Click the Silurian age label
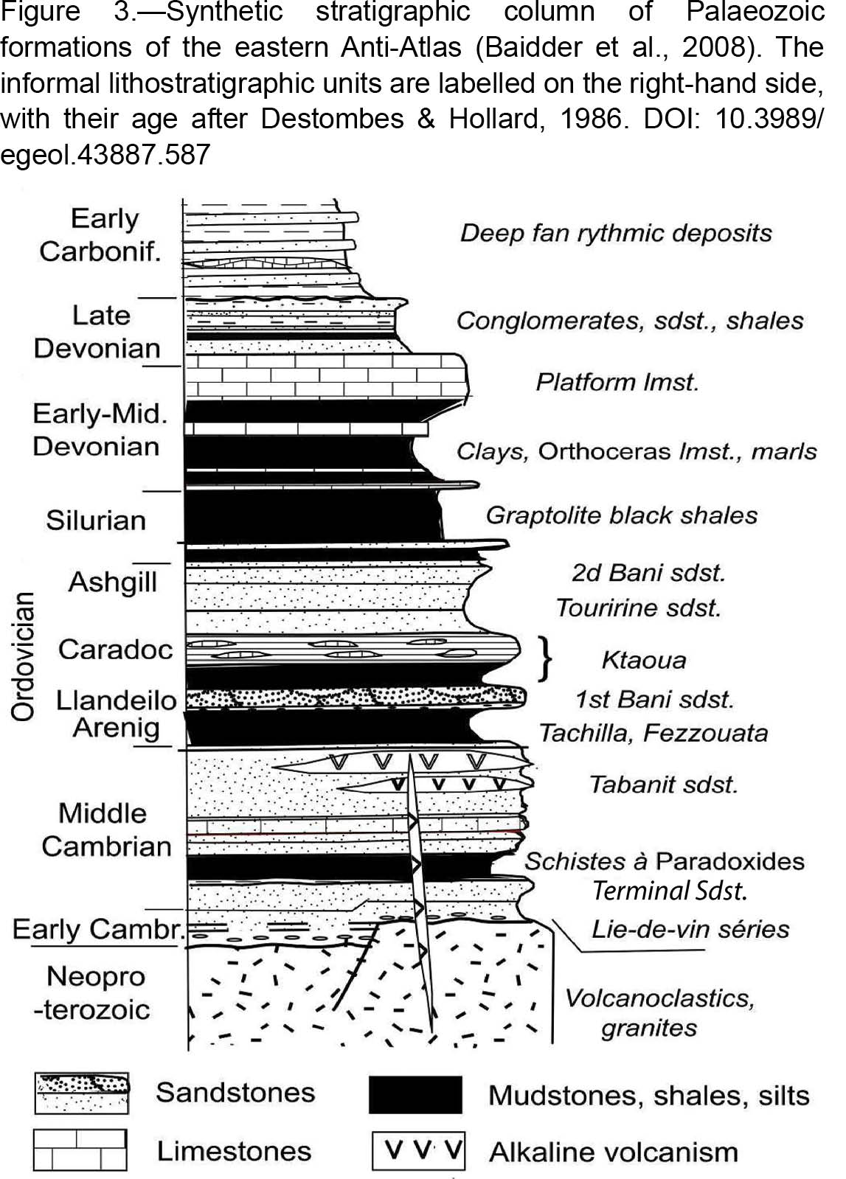96,520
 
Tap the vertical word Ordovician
23,656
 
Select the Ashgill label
113,583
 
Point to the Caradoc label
115,649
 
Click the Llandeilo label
116,700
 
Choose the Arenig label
117,728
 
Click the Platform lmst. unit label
617,383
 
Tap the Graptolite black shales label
621,516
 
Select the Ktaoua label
644,660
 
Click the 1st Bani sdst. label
654,700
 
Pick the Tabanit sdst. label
663,785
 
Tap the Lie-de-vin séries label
690,929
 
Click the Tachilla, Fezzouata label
653,733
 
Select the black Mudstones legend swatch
415,1095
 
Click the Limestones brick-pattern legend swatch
80,1150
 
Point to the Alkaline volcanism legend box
418,1151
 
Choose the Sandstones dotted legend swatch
82,1093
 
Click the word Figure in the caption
40,13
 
